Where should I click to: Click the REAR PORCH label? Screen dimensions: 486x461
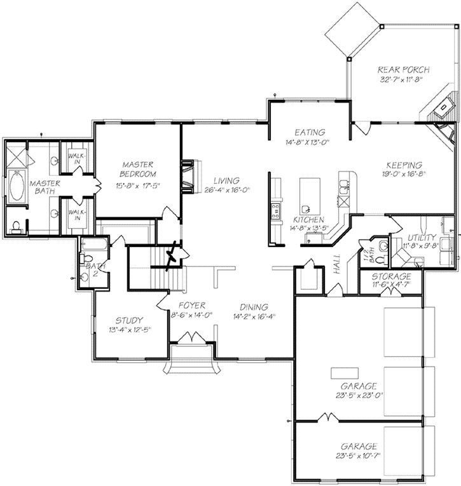coord(404,69)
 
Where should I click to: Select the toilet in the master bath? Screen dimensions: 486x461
coord(16,224)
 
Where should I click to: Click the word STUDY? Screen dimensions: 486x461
coord(129,320)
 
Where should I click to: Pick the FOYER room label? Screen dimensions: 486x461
coord(191,306)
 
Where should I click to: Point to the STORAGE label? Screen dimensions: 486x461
coord(391,278)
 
